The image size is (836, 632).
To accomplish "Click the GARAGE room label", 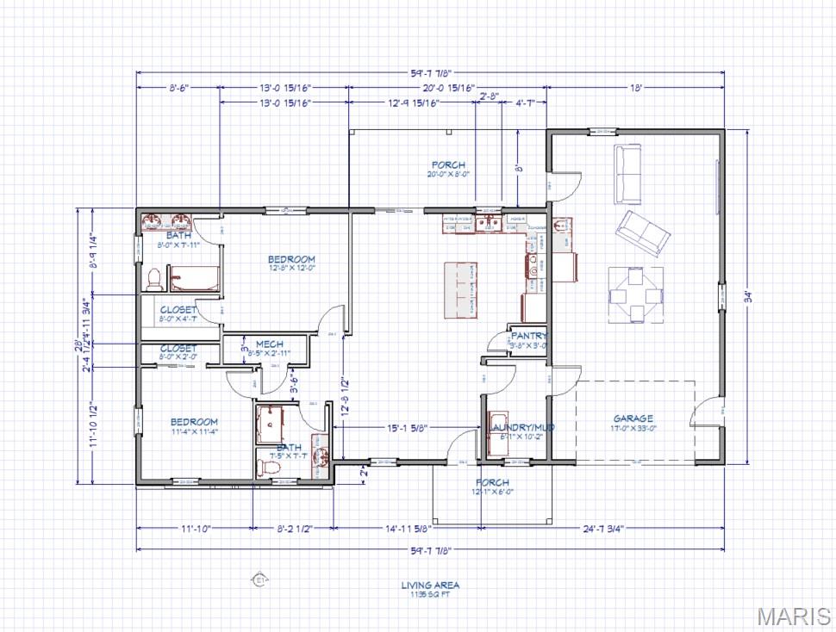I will coord(633,418).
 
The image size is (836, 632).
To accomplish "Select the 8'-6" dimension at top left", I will coord(178,87).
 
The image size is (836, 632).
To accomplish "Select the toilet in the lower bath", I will coord(269,467).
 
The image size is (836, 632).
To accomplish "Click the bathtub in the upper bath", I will coord(192,278).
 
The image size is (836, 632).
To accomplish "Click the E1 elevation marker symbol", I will coord(256,579).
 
